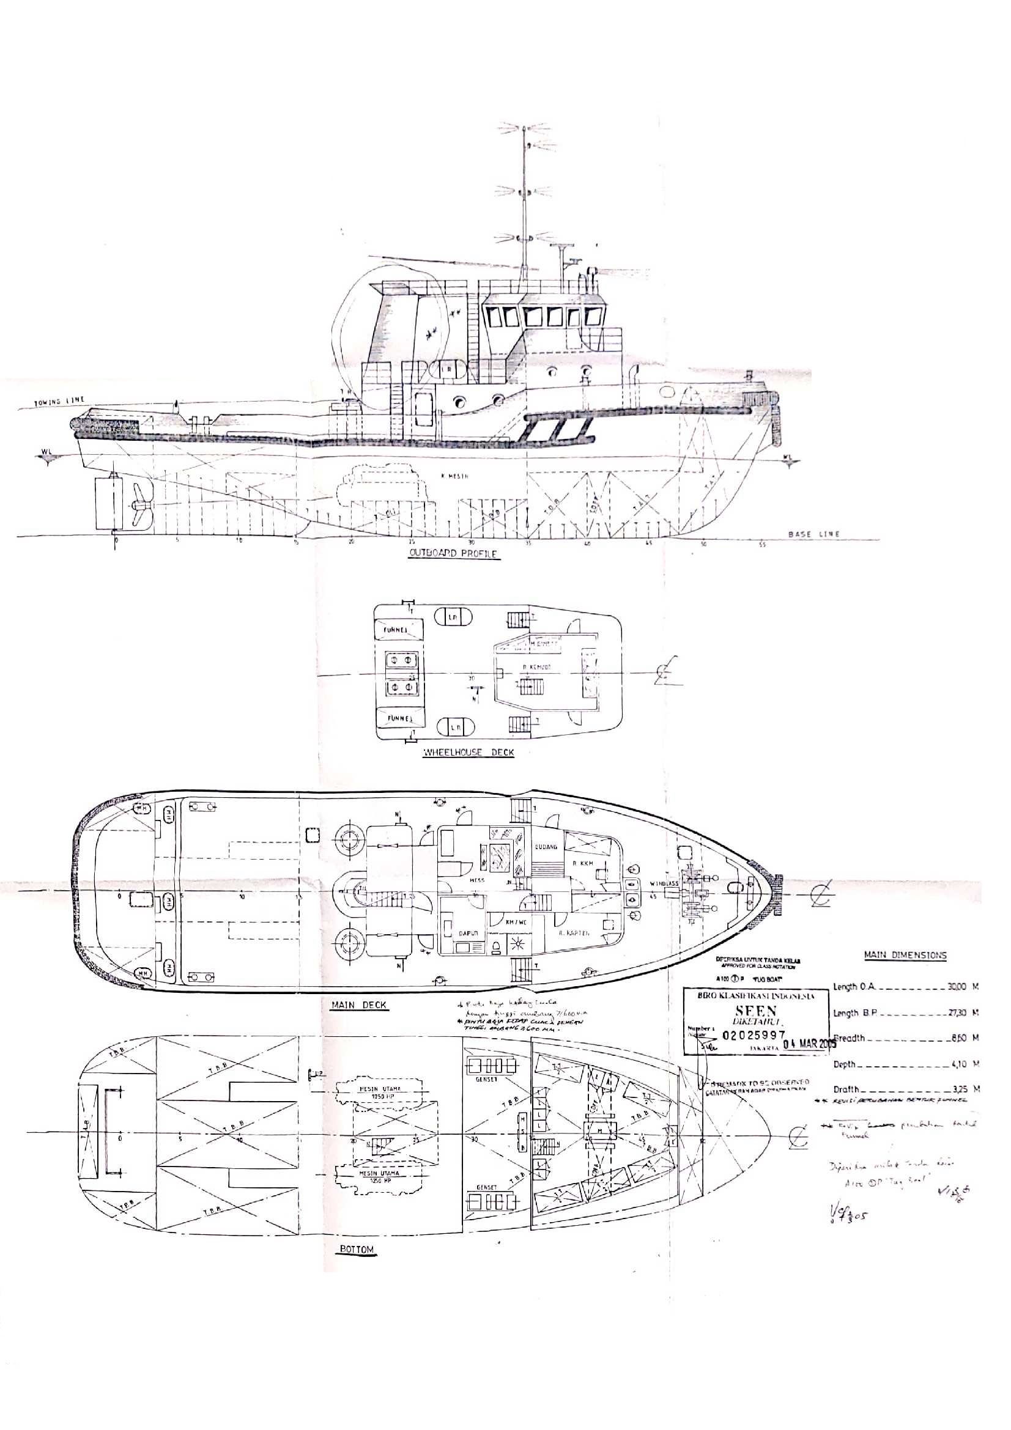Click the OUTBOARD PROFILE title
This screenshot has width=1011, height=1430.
453,553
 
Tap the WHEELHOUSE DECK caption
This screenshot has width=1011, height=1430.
468,753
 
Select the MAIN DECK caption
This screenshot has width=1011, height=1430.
359,1004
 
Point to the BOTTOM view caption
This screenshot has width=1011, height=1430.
357,1250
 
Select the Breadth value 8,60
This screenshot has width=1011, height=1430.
959,1038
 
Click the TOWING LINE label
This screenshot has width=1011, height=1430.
59,401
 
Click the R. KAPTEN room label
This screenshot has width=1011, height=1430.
574,933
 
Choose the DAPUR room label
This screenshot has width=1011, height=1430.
468,933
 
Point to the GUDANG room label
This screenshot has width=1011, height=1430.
546,847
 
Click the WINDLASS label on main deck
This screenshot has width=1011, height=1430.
662,883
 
